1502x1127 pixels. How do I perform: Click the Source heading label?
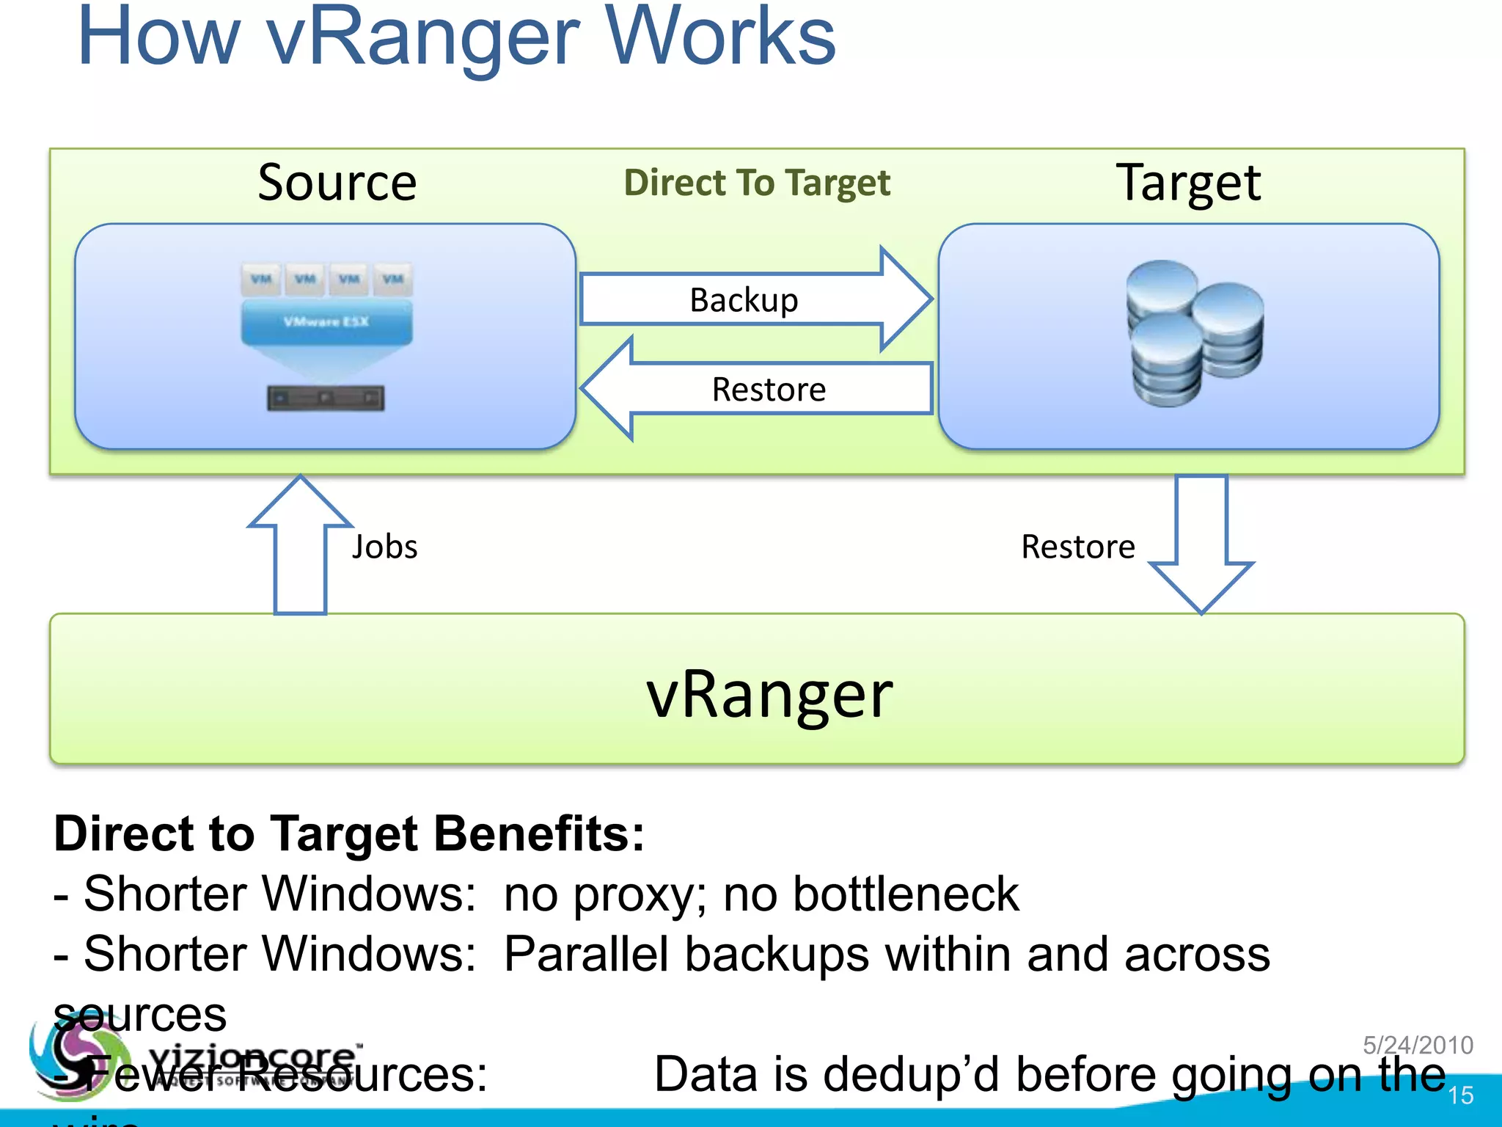click(x=337, y=183)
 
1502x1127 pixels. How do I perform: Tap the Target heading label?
click(x=1188, y=183)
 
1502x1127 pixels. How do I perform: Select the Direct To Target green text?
click(x=757, y=183)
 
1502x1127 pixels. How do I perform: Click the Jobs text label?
click(x=384, y=547)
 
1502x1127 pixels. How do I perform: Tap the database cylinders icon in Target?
click(x=1194, y=334)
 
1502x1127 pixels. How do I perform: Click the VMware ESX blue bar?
click(x=326, y=322)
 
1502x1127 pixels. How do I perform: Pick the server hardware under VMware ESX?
click(x=326, y=398)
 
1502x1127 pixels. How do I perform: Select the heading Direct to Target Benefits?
click(x=349, y=834)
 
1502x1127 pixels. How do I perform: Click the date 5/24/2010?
click(x=1418, y=1045)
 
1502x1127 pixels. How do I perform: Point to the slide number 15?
click(x=1460, y=1095)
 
